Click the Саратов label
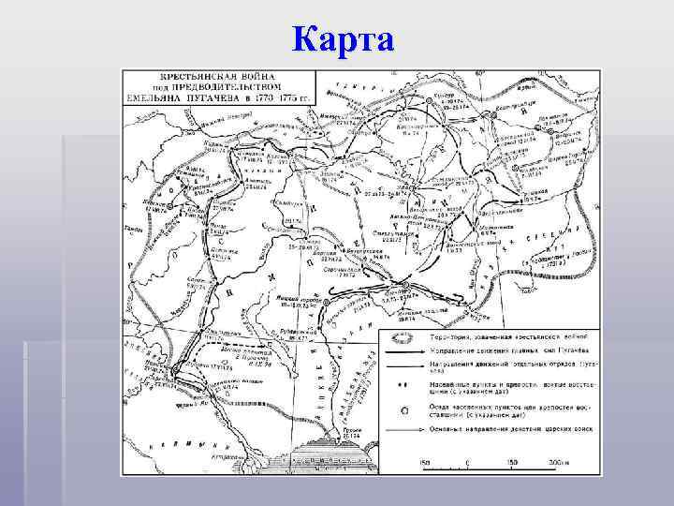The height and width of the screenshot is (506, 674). click(196, 280)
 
